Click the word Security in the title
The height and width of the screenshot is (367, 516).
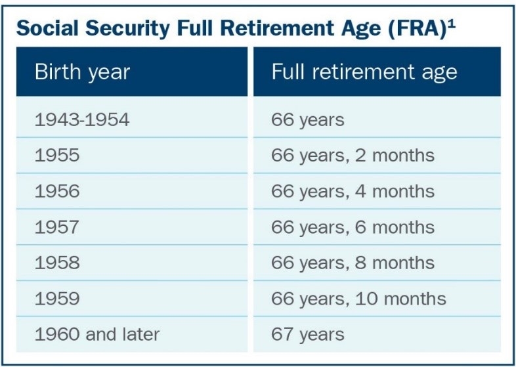[x=127, y=29]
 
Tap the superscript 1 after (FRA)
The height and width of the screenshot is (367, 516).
[x=452, y=26]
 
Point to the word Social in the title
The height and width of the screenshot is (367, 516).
[x=47, y=28]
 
